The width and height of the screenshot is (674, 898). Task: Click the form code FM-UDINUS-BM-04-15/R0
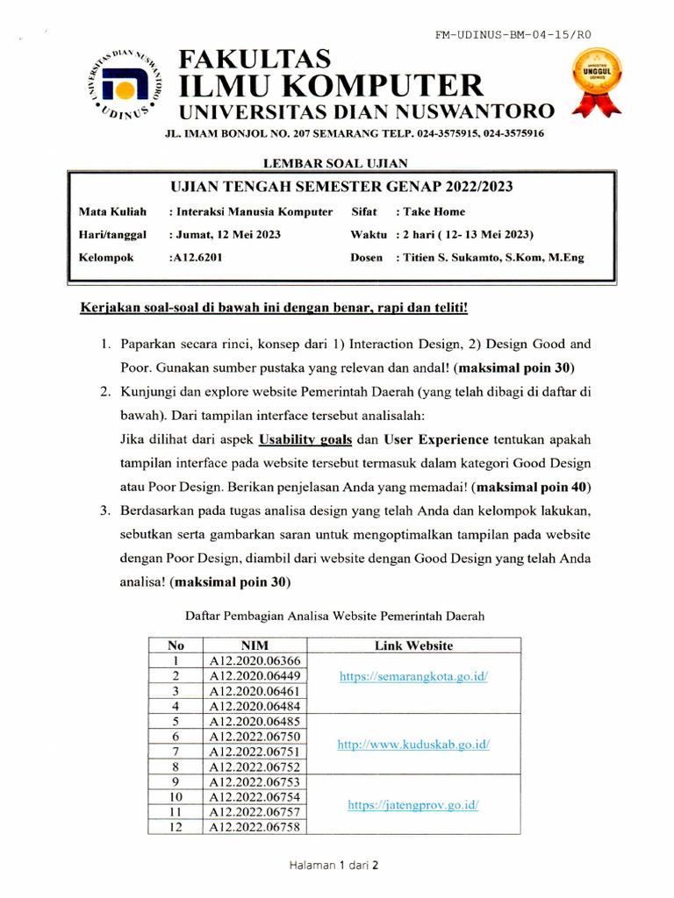pyautogui.click(x=513, y=35)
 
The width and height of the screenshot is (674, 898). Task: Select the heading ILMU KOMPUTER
pyautogui.click(x=331, y=86)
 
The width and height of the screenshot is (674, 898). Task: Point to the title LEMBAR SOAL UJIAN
pyautogui.click(x=335, y=162)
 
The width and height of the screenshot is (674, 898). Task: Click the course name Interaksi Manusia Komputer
pyautogui.click(x=253, y=211)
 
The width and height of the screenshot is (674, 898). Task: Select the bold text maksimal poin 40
pyautogui.click(x=532, y=486)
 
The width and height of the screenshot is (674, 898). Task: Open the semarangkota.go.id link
pyautogui.click(x=413, y=676)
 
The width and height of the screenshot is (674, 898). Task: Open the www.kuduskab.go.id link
pyautogui.click(x=413, y=745)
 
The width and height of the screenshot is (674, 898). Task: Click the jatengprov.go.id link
pyautogui.click(x=413, y=805)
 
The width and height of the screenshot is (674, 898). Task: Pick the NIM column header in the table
pyautogui.click(x=254, y=645)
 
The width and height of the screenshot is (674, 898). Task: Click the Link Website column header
pyautogui.click(x=413, y=645)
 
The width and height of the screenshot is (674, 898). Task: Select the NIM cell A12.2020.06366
pyautogui.click(x=255, y=661)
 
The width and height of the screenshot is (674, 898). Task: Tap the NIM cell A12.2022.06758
pyautogui.click(x=255, y=827)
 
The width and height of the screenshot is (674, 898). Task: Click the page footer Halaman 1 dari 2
pyautogui.click(x=335, y=865)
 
